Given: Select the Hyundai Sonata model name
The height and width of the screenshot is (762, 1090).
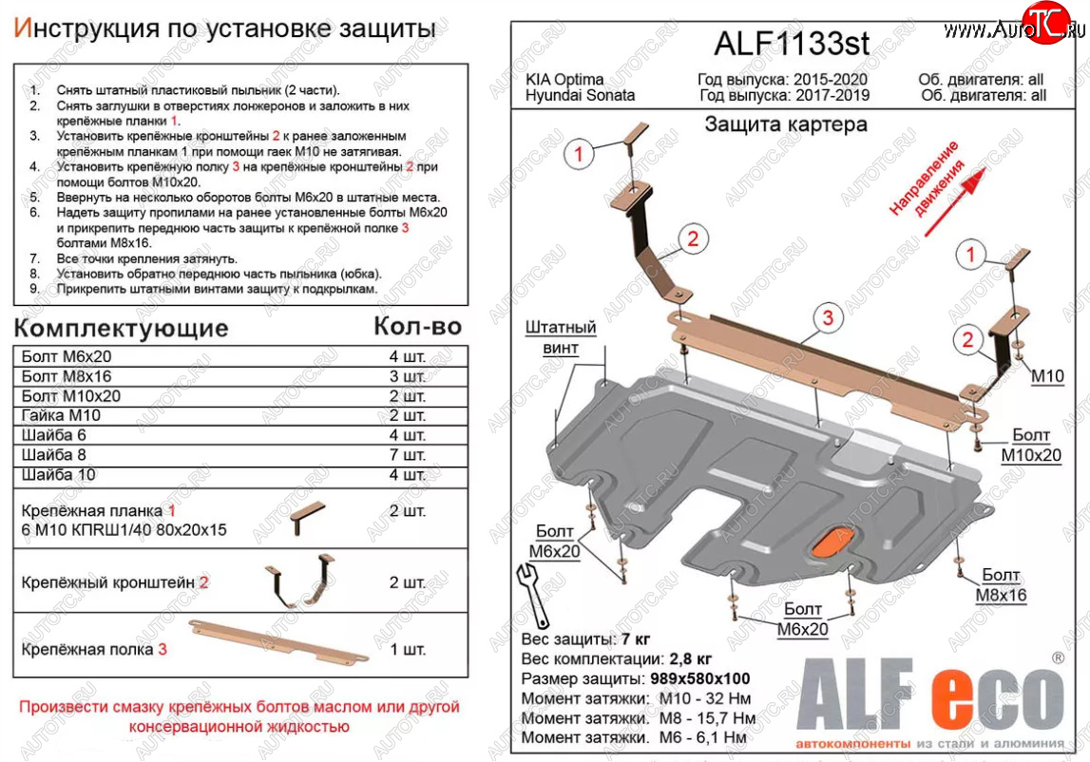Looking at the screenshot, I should tap(580, 95).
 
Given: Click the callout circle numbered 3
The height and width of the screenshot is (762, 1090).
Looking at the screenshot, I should tap(827, 318).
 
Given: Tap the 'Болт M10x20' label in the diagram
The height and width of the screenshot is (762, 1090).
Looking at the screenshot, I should tap(1031, 446).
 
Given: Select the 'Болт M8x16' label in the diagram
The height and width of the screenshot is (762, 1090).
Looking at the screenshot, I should tap(1000, 585).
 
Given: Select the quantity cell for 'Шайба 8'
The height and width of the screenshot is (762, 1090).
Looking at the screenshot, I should tap(407, 454).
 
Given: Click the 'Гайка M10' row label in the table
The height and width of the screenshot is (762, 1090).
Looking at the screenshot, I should tap(60, 415).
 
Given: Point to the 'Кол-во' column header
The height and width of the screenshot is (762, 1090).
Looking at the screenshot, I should tap(417, 327).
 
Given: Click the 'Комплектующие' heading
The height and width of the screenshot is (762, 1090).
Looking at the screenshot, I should tap(123, 329).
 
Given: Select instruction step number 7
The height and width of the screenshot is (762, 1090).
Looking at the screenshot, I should tap(35, 258).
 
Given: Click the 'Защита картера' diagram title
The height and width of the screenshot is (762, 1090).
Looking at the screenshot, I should tap(785, 124).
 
